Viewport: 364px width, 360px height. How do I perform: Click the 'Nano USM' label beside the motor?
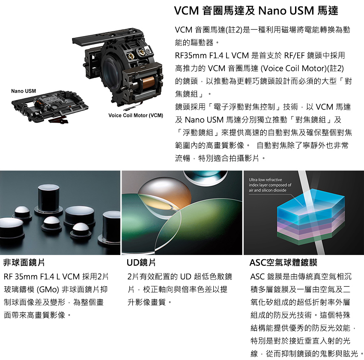[24, 91]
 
